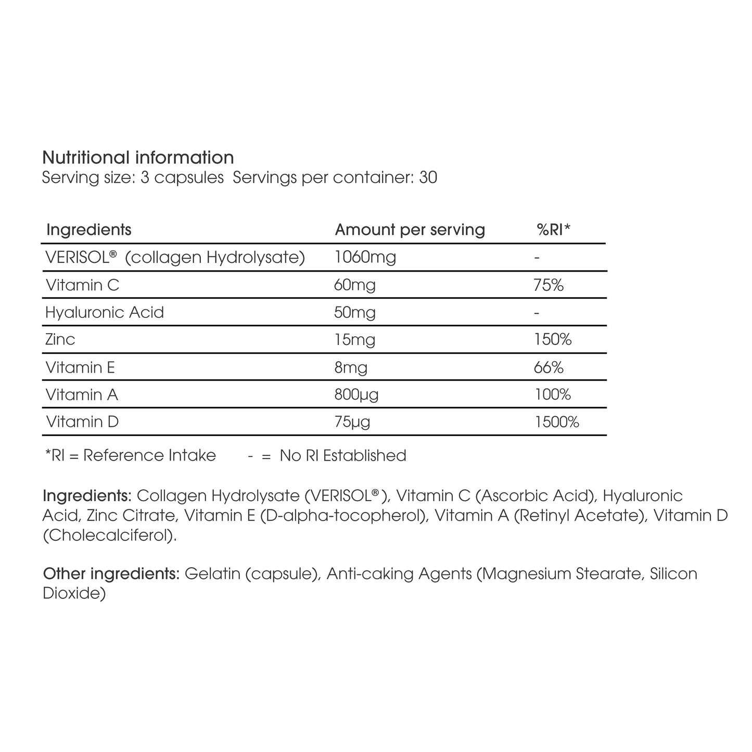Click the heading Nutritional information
click(138, 157)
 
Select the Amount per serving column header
click(410, 230)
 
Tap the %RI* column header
click(553, 230)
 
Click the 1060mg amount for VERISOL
click(365, 257)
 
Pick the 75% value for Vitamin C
click(549, 285)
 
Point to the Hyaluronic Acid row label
click(105, 312)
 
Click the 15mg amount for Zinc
click(354, 340)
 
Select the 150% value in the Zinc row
click(553, 340)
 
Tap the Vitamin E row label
click(80, 367)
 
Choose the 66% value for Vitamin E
click(549, 367)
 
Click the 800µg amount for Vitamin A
click(356, 395)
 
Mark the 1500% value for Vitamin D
click(557, 422)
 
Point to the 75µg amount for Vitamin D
click(352, 422)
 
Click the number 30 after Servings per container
click(428, 177)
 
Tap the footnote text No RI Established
click(342, 455)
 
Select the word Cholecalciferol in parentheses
click(109, 535)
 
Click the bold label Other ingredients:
click(111, 573)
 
